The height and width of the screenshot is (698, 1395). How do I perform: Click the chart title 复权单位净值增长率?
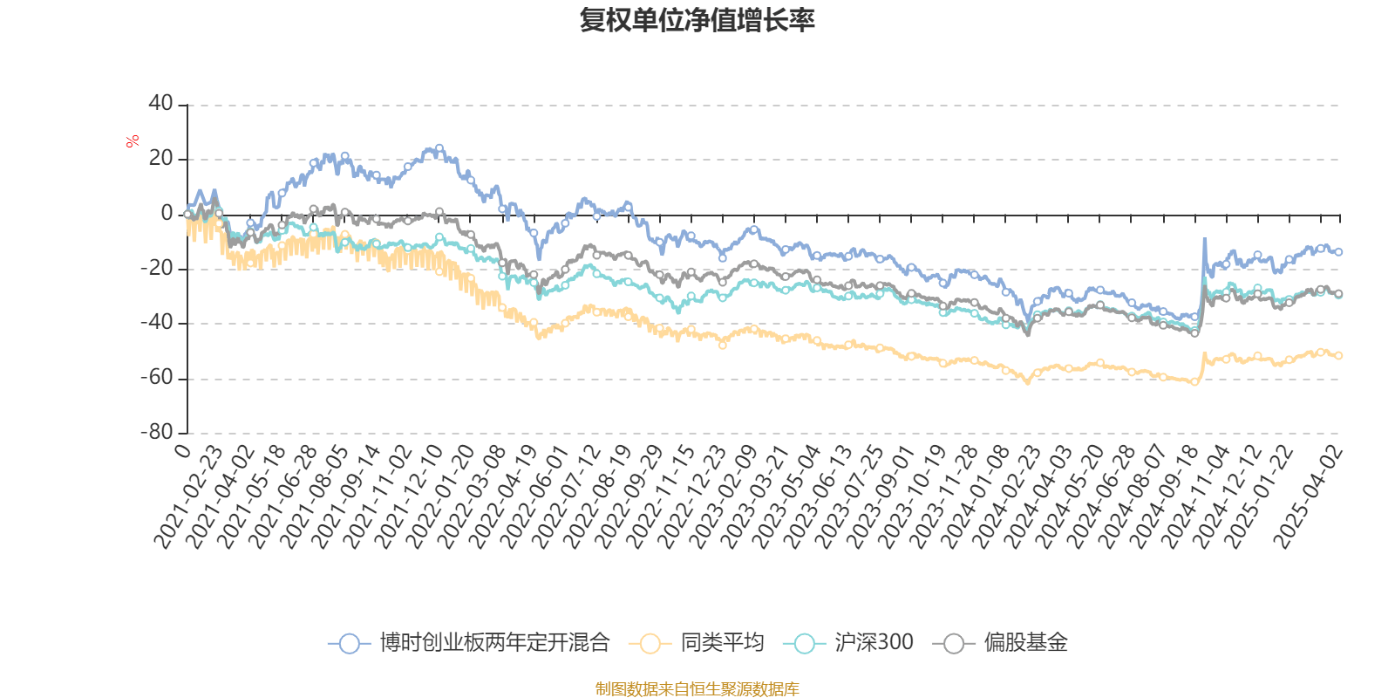[697, 20]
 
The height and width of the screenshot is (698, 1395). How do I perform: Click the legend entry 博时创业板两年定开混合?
[471, 644]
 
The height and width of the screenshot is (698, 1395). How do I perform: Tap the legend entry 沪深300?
[850, 644]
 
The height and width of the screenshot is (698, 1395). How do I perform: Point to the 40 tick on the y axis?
[161, 104]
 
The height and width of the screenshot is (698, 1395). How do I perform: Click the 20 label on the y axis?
[161, 159]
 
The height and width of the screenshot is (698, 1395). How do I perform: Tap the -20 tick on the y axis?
[158, 269]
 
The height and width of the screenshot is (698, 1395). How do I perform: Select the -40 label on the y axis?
[158, 323]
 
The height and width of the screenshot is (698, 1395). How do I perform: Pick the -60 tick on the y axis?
[158, 378]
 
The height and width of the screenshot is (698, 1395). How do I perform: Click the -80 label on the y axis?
[158, 432]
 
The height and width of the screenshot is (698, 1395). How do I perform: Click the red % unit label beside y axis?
[133, 141]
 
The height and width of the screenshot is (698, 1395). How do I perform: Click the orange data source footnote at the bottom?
[697, 689]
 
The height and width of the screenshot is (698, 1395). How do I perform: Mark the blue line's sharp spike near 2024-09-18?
[1205, 239]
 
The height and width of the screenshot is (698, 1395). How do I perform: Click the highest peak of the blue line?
[439, 147]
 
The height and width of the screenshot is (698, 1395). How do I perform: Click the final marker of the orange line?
[1338, 355]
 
